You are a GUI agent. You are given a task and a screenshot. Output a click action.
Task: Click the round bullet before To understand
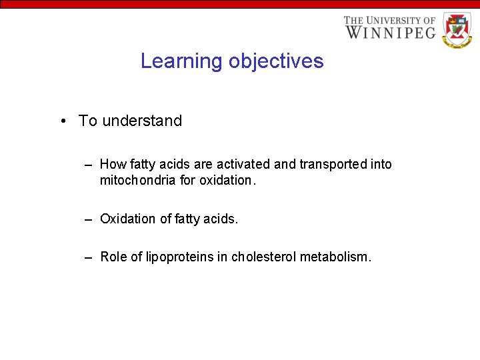pyautogui.click(x=61, y=121)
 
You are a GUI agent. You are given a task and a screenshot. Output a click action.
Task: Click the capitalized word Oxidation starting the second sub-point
pyautogui.click(x=129, y=219)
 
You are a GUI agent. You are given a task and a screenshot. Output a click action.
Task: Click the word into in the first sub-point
pyautogui.click(x=381, y=164)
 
